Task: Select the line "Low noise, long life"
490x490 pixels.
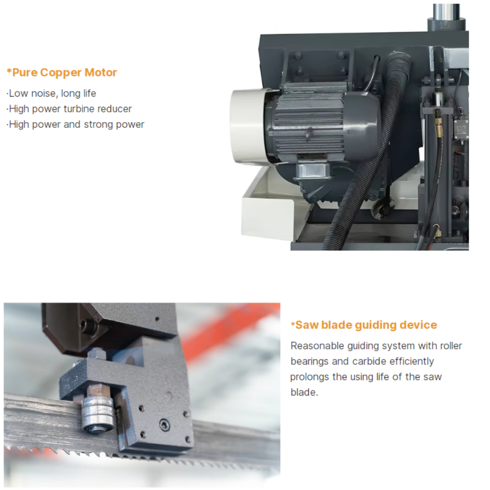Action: click(51, 93)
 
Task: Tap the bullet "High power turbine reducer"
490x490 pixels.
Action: click(69, 109)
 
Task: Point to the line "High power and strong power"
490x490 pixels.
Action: click(75, 124)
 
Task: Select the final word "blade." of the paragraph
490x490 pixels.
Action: click(304, 392)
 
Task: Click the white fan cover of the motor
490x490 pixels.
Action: click(248, 126)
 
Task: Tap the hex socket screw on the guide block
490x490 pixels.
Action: click(165, 425)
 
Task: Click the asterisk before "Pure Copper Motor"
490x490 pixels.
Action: click(9, 72)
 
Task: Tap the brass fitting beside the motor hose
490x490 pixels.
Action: click(440, 128)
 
